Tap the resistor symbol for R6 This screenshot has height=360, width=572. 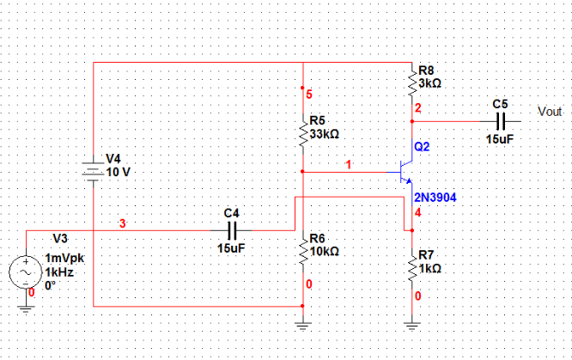pyautogui.click(x=302, y=249)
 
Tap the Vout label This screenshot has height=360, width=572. pyautogui.click(x=549, y=112)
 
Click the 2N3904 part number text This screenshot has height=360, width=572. pyautogui.click(x=435, y=198)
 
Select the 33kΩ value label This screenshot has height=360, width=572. pyautogui.click(x=325, y=134)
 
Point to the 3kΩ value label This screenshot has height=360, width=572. pyautogui.click(x=430, y=83)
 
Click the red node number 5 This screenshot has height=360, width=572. pyautogui.click(x=309, y=93)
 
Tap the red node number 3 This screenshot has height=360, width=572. pyautogui.click(x=122, y=224)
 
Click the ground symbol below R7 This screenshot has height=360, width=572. pyautogui.click(x=412, y=324)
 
